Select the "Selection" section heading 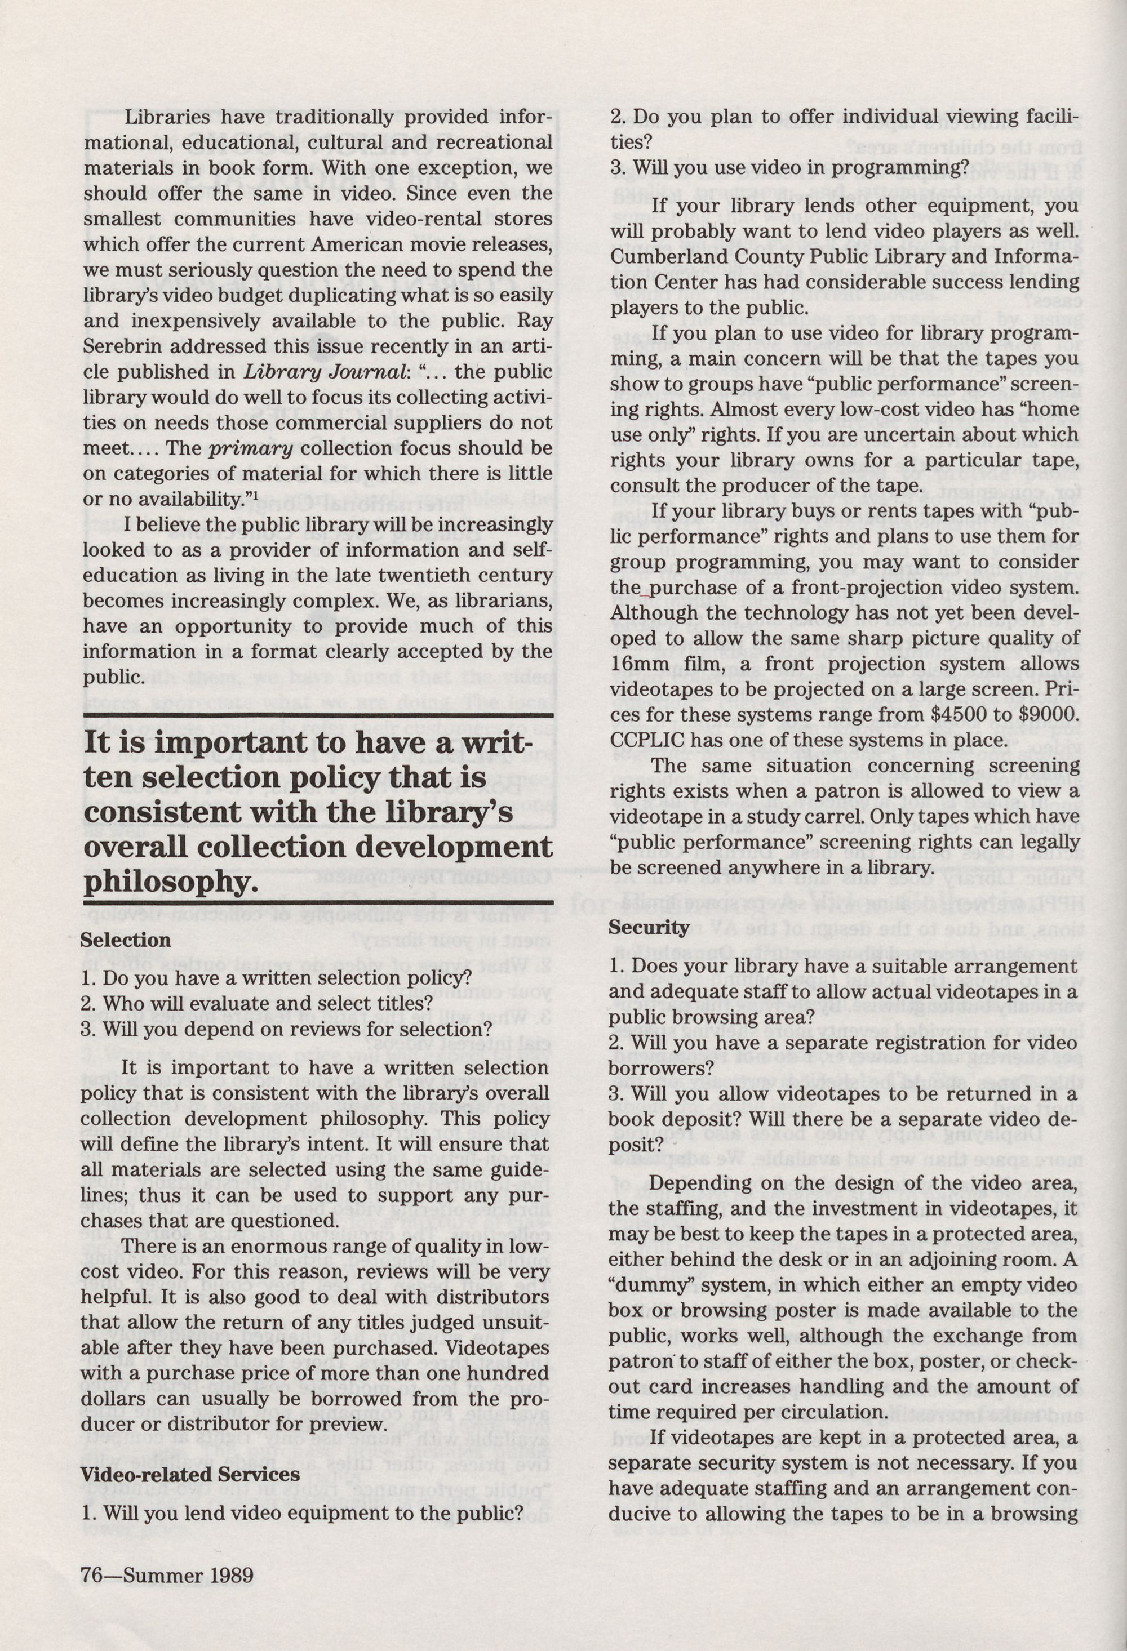click(125, 941)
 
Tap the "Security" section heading click(649, 927)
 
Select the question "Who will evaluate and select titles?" click(257, 1004)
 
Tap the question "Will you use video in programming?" click(789, 168)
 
